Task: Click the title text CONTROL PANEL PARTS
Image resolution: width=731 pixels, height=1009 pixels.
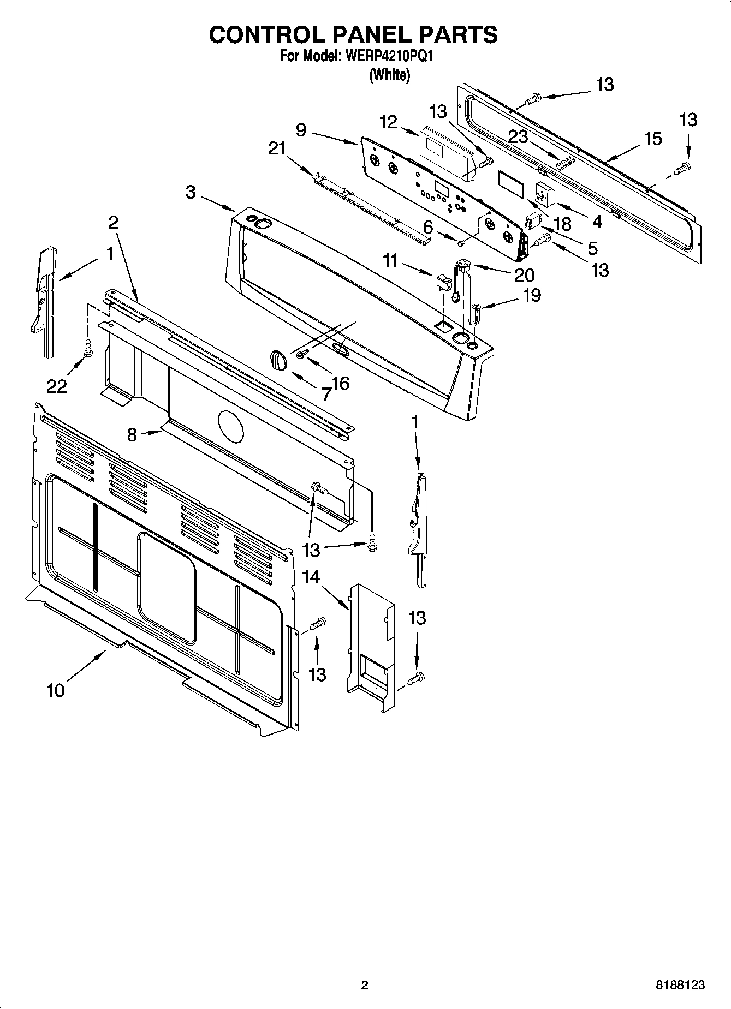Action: [353, 34]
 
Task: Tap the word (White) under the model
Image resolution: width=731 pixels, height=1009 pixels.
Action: [389, 75]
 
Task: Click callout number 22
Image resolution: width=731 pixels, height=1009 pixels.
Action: [56, 386]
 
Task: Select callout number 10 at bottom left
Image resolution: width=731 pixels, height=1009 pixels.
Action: [56, 690]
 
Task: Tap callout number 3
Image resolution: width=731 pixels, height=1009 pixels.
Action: [190, 192]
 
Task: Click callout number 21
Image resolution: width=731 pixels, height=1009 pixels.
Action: [277, 148]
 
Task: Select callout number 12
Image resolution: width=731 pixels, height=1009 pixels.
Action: [388, 122]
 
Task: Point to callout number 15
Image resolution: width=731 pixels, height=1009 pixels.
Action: [653, 139]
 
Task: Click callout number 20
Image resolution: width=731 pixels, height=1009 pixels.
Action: [524, 274]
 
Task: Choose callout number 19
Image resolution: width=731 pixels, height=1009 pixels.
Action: [532, 295]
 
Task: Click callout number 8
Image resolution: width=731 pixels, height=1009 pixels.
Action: [132, 435]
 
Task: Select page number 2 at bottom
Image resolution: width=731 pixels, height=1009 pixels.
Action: [365, 984]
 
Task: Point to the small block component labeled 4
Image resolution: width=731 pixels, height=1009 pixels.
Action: [544, 194]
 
